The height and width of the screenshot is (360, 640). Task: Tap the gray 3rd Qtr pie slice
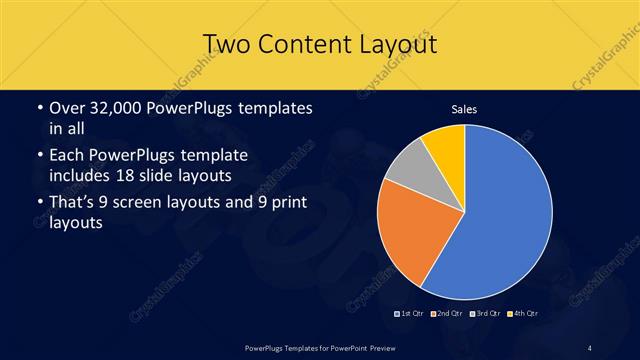point(408,168)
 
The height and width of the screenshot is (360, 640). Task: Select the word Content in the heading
point(310,44)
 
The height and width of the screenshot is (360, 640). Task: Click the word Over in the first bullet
point(67,107)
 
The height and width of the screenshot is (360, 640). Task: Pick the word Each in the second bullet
point(67,157)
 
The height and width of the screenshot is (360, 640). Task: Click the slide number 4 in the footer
point(590,347)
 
